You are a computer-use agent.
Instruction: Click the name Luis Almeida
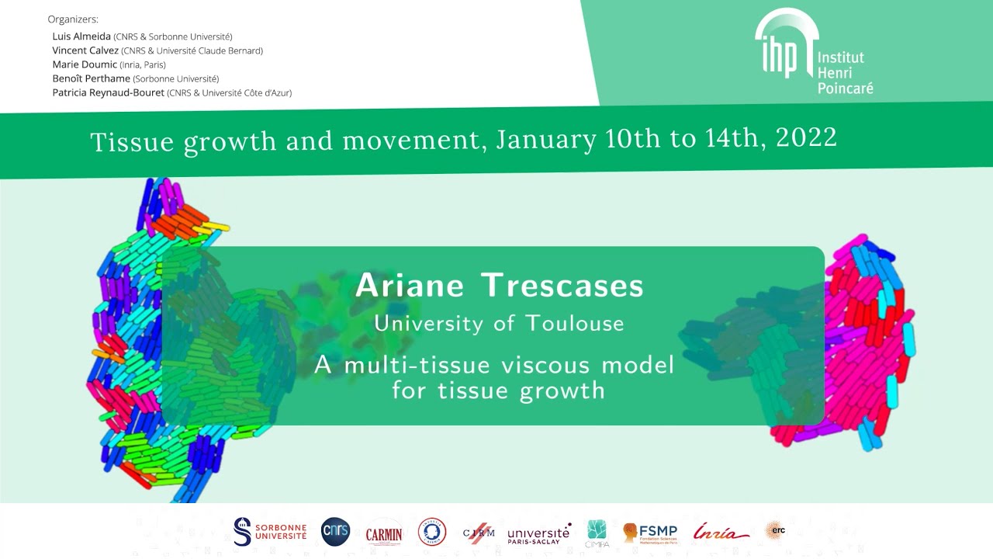point(81,36)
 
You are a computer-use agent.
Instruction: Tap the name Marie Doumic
point(85,64)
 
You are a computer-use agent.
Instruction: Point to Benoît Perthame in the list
point(91,78)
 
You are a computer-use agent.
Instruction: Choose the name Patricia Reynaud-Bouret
point(108,92)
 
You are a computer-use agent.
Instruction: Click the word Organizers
point(73,19)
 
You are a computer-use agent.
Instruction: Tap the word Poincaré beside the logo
point(845,88)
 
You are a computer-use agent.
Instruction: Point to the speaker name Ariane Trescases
point(499,286)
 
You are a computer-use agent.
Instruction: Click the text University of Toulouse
point(499,323)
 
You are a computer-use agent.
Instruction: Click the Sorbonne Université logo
point(270,532)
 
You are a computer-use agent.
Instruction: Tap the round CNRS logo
point(335,532)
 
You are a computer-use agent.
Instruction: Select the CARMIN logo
point(384,533)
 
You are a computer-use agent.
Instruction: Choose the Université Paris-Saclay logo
point(539,534)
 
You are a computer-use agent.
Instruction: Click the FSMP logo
point(650,533)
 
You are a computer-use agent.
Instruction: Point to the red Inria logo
point(721,532)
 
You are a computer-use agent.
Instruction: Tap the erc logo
point(775,530)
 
